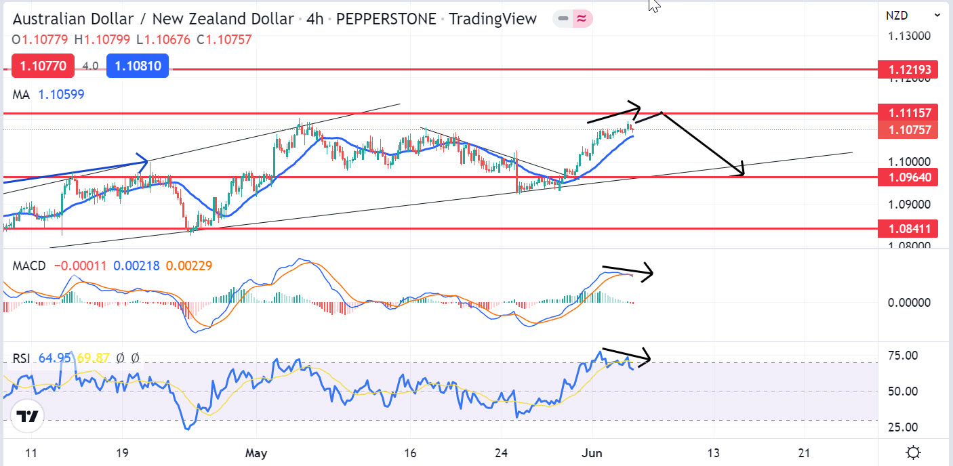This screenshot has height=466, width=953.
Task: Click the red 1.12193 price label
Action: point(908,69)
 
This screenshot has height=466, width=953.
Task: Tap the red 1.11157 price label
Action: point(908,112)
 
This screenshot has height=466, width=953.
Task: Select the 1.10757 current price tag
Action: point(908,129)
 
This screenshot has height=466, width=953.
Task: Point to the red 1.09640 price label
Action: point(908,177)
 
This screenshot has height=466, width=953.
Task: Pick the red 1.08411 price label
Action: point(908,229)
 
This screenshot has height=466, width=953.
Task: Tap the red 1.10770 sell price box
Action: point(33,66)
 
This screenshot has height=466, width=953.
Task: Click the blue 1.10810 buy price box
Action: point(138,66)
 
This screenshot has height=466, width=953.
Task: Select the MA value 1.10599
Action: point(61,95)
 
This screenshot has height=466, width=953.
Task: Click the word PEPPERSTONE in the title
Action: point(386,19)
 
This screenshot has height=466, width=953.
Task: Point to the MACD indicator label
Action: point(29,266)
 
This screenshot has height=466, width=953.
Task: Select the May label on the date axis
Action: point(256,453)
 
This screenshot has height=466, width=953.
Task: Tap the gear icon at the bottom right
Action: point(913,452)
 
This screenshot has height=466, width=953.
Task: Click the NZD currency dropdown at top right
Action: point(912,14)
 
